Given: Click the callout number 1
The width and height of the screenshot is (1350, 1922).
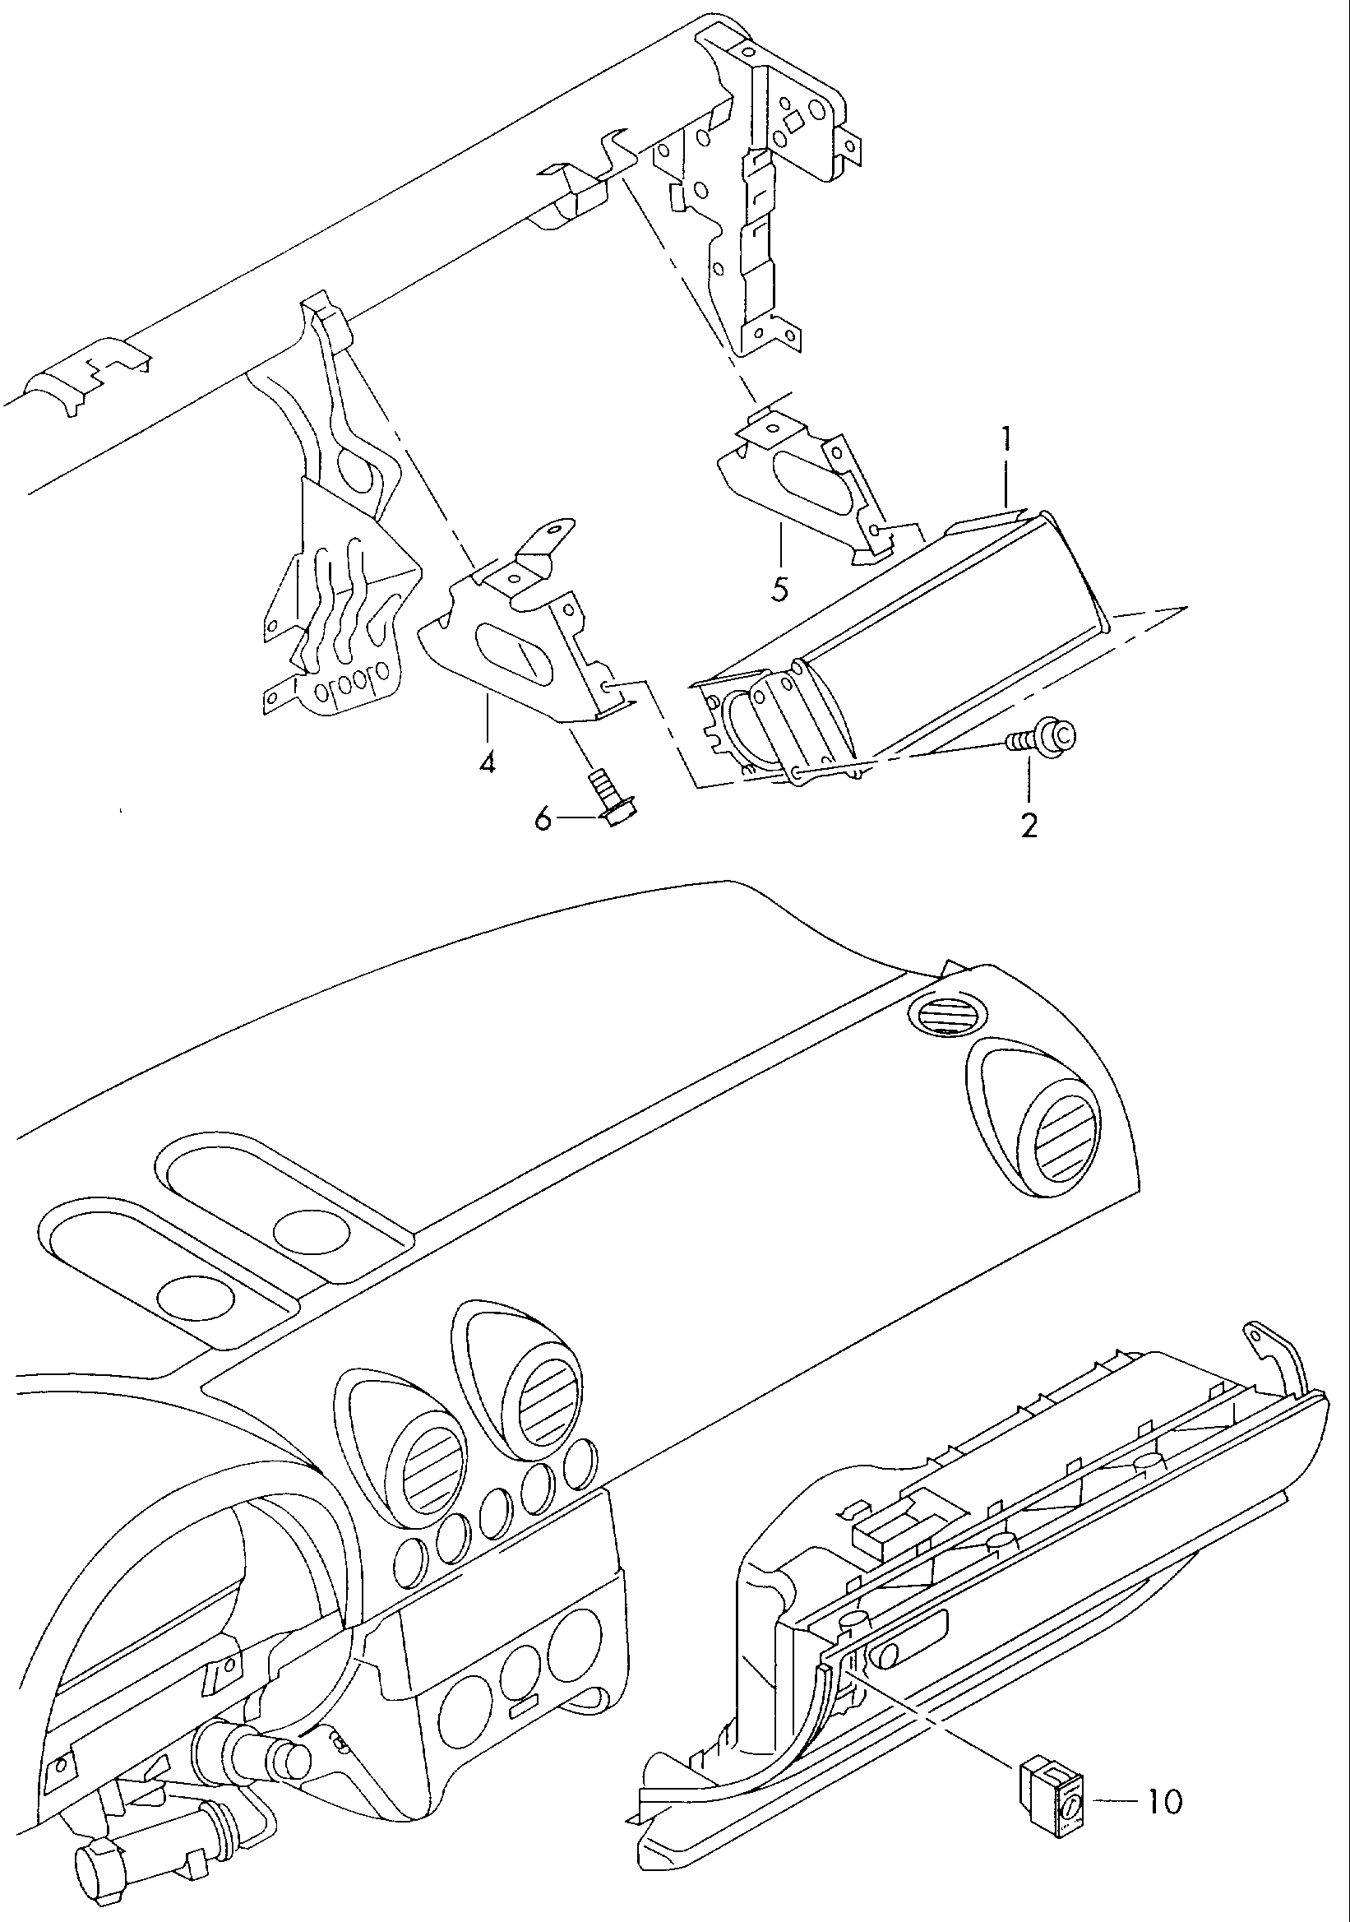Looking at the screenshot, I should click(x=1008, y=438).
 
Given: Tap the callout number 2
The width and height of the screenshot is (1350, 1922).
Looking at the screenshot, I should click(x=1029, y=826).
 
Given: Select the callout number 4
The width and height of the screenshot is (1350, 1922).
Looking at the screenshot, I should click(x=487, y=762).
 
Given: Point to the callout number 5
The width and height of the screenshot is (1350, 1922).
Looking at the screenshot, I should click(x=779, y=590).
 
